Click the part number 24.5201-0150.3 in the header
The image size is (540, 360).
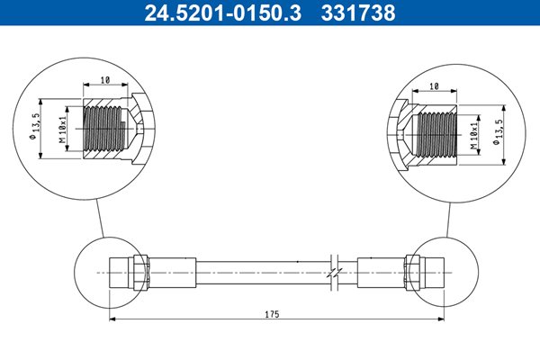[223, 13]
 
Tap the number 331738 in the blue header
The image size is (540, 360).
[358, 13]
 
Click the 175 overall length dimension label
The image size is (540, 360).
[272, 314]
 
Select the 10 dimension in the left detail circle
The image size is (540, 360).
[105, 80]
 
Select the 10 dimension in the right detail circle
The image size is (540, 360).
[435, 86]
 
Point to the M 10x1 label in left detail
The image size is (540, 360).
[62, 130]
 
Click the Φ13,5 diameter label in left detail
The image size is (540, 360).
[36, 126]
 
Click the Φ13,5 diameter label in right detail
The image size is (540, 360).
[499, 132]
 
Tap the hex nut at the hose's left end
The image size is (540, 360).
[140, 272]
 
